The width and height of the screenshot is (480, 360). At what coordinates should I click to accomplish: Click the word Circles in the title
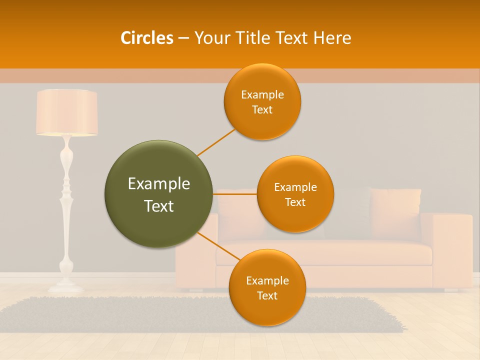click(146, 38)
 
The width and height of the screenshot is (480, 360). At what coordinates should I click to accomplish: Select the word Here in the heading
click(332, 38)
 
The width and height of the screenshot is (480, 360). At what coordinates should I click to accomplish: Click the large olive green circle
click(158, 194)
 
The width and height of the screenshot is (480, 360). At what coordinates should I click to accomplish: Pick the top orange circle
click(262, 102)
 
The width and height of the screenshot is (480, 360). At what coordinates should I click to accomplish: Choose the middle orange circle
click(295, 194)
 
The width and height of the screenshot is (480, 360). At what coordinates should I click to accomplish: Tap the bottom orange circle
click(267, 287)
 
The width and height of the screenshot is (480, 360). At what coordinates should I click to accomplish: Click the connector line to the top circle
click(216, 142)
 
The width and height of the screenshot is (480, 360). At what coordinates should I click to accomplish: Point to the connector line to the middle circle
click(234, 194)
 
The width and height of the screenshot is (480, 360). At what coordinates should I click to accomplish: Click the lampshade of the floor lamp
click(66, 112)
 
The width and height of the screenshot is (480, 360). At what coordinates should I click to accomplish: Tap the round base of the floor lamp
click(66, 287)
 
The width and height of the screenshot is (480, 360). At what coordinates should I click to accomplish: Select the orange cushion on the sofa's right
click(395, 212)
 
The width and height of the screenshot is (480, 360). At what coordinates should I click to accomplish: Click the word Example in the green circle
click(158, 184)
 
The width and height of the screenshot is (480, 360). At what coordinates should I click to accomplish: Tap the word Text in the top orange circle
click(262, 110)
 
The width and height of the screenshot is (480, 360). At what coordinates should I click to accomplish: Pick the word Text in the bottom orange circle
click(267, 296)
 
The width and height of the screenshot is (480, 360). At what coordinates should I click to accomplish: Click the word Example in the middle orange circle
click(295, 187)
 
